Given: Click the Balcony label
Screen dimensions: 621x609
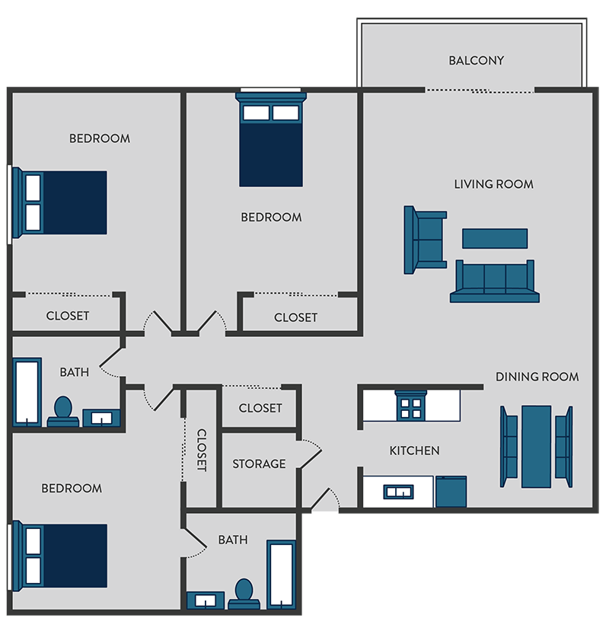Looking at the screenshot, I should pos(476,60).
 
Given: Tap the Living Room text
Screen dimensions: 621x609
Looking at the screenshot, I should pos(493,184).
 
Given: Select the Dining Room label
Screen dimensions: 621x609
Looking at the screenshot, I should pos(537,377).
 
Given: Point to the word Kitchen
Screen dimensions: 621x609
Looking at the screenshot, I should pos(414,451).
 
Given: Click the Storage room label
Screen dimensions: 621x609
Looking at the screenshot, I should pos(259,463).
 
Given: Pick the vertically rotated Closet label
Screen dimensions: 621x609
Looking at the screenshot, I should pos(202,450).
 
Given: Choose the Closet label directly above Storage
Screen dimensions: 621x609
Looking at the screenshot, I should pos(260,408).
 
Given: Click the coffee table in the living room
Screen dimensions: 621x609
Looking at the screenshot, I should pos(494,238).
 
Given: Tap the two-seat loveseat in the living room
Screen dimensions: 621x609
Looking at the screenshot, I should pos(425,240).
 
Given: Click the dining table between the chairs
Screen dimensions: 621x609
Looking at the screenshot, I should pos(536,446).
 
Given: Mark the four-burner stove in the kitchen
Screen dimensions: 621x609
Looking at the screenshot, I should pos(411,406).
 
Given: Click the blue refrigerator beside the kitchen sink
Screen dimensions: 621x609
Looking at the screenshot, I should pos(451,492).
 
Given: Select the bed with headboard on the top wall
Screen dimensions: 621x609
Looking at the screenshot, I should pos(271,145).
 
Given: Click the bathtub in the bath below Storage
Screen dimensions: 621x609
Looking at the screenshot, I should pos(280,574).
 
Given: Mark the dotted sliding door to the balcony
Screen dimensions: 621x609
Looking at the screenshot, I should pos(480,90).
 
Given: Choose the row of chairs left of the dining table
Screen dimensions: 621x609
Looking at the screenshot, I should pos(508,446).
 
